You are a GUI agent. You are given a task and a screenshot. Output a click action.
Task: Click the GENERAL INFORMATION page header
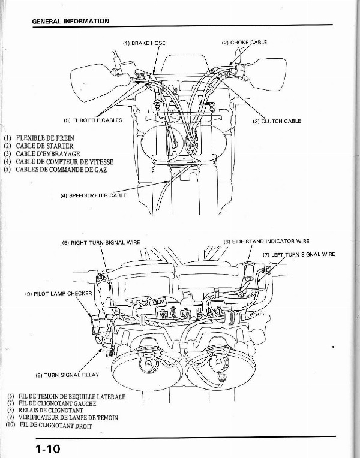point(70,21)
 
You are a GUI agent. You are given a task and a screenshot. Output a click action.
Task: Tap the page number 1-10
point(47,448)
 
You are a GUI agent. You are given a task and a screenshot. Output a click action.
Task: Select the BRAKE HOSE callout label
point(144,43)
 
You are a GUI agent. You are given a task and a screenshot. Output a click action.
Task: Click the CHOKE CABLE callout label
point(244,43)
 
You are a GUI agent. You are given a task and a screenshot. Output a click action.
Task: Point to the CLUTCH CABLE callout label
point(277,121)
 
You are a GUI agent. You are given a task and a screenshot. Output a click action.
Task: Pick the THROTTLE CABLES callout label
point(92,120)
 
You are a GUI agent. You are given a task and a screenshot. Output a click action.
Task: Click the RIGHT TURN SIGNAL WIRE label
point(101,243)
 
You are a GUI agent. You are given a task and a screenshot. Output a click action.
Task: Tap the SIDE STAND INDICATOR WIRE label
point(266,241)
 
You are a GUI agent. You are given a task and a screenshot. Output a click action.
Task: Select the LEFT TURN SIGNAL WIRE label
point(299,254)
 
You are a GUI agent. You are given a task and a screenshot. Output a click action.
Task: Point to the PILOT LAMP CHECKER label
point(59,294)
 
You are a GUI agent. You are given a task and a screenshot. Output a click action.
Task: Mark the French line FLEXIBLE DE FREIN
point(41,138)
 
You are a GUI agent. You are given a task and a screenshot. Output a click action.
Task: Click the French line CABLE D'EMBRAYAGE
point(43,154)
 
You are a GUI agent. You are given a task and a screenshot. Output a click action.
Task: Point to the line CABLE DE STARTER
point(40,146)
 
